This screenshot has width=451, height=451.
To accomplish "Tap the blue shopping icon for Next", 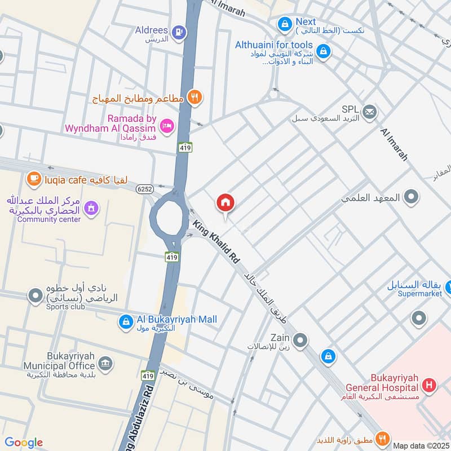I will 284,24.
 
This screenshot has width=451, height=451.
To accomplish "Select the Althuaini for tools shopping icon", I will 323,51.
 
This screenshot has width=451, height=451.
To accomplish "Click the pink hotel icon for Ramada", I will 167,126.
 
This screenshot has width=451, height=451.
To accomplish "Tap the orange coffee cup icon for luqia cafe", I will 34,179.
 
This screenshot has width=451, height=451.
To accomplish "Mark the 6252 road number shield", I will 144,190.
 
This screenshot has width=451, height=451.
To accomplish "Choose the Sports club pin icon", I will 36,295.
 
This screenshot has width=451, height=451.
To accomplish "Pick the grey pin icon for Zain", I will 300,340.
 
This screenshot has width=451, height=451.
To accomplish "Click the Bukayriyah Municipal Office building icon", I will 105,363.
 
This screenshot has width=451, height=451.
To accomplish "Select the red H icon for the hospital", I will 430,386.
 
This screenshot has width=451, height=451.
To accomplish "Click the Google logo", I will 23,443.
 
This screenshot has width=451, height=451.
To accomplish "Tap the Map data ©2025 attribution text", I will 421,445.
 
